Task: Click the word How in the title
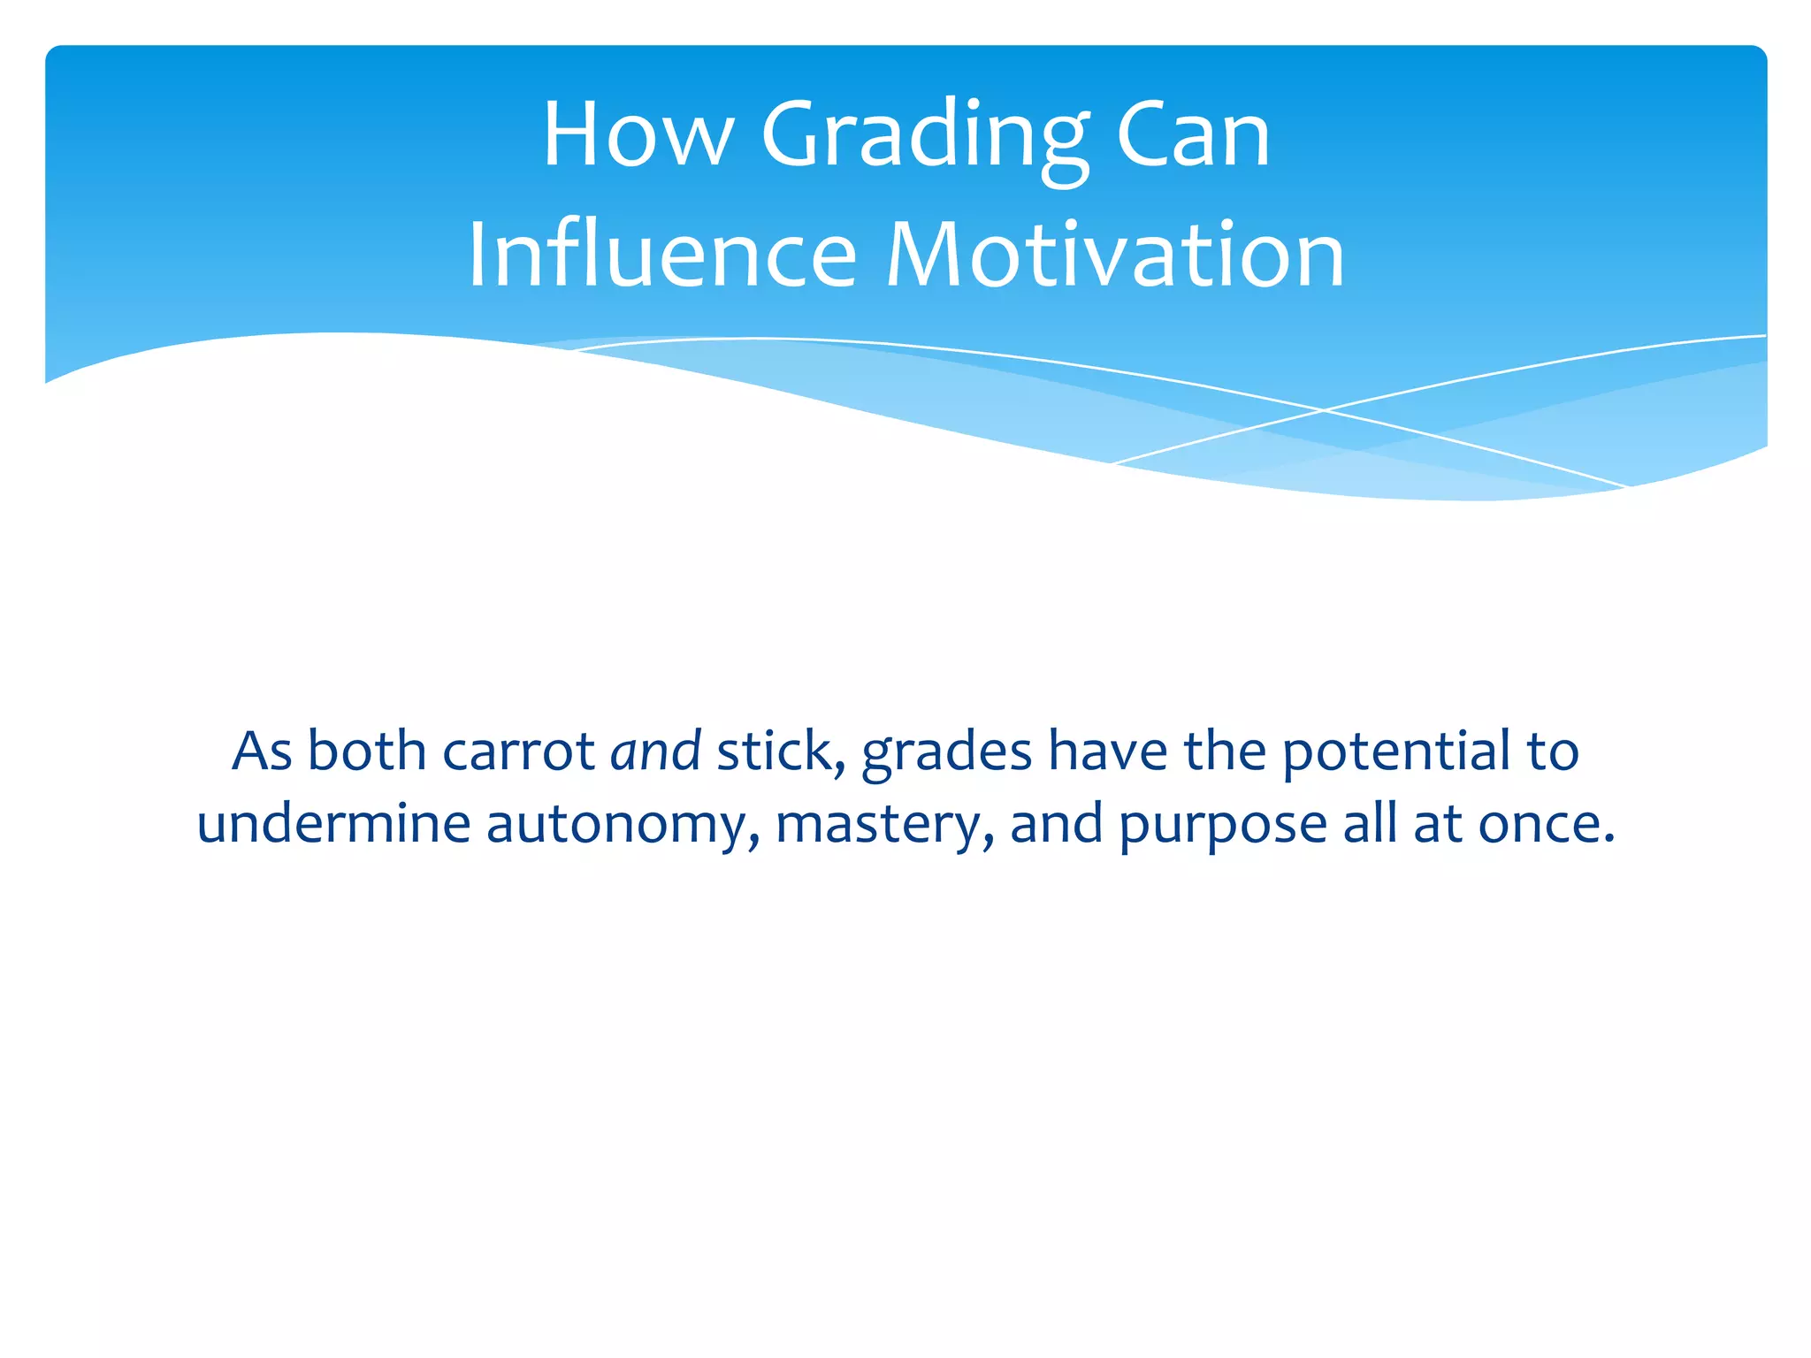click(637, 134)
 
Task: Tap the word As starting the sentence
click(262, 751)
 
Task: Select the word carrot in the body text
click(518, 751)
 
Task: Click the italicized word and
click(655, 751)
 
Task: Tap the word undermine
click(333, 823)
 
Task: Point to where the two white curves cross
click(1323, 410)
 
